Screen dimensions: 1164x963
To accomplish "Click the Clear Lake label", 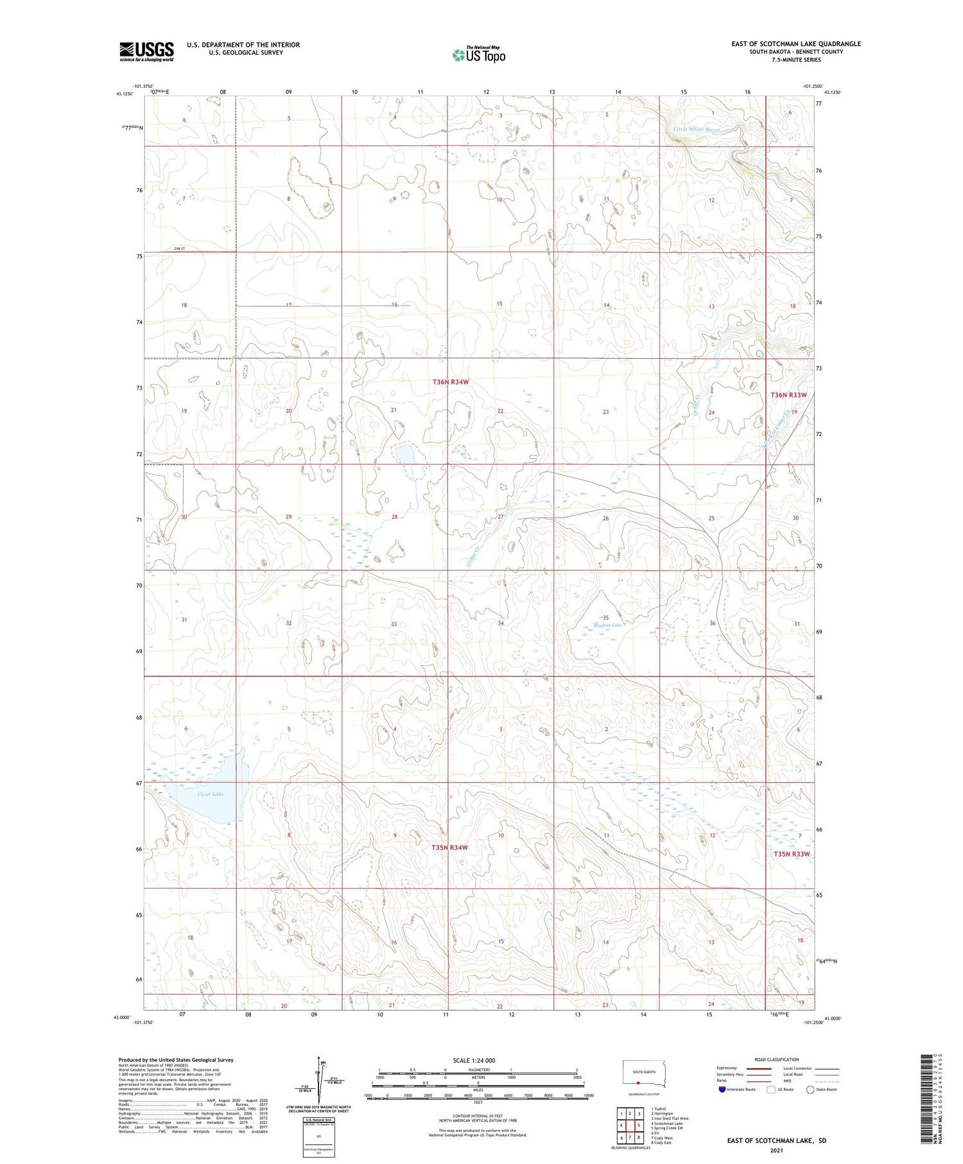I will pyautogui.click(x=210, y=794).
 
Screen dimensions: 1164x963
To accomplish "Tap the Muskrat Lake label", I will pyautogui.click(x=607, y=624).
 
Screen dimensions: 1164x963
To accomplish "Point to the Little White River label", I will pyautogui.click(x=697, y=130).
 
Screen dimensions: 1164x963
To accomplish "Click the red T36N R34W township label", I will pyautogui.click(x=451, y=382).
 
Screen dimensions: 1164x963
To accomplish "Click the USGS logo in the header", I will pyautogui.click(x=146, y=51).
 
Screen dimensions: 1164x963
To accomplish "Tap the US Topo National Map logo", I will pyautogui.click(x=478, y=55).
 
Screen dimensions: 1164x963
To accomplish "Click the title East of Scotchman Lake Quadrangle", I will pyautogui.click(x=796, y=44).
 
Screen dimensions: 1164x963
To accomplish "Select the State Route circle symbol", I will pyautogui.click(x=810, y=1089).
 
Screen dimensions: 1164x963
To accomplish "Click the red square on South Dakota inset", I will pyautogui.click(x=638, y=1081).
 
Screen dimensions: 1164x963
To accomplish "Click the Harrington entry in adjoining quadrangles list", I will pyautogui.click(x=663, y=1113).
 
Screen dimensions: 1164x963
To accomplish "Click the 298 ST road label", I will pyautogui.click(x=179, y=248).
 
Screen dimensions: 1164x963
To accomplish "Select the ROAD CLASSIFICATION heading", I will pyautogui.click(x=777, y=1059).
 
